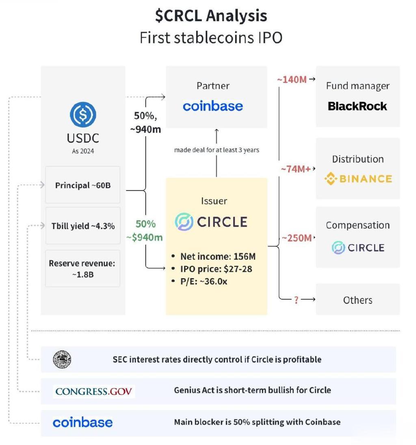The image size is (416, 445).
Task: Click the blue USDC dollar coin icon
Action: (83, 114)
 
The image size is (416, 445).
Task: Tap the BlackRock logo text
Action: (357, 107)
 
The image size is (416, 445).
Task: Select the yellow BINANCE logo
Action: (358, 179)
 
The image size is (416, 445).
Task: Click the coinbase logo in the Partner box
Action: (213, 106)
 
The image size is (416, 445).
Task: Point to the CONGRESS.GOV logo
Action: (94, 392)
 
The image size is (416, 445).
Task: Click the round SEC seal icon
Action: (62, 359)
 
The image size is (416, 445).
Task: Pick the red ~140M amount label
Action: (292, 79)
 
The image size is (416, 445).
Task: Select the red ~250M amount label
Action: (297, 238)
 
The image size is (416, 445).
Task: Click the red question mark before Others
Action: (296, 300)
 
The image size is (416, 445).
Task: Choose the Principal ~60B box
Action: (83, 185)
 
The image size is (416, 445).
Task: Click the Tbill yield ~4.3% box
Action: (83, 226)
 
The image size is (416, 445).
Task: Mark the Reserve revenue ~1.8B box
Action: (83, 268)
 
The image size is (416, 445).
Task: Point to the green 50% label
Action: (146, 224)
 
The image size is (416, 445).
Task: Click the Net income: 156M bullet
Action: (214, 257)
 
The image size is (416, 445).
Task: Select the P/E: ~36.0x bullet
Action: (199, 281)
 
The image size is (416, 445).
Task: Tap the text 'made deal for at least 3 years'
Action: (217, 150)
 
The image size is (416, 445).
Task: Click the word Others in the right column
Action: (357, 300)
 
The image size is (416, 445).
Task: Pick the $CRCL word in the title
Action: (178, 15)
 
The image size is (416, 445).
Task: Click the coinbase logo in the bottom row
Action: (83, 422)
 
